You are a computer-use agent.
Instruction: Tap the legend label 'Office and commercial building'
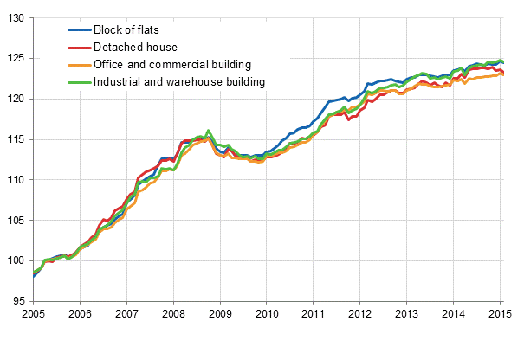pos(172,64)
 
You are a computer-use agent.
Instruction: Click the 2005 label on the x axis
pos(33,315)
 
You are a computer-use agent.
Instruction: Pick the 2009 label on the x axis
pos(220,315)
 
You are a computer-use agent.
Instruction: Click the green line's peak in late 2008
pos(209,131)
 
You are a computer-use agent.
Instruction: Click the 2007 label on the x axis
pos(126,315)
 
